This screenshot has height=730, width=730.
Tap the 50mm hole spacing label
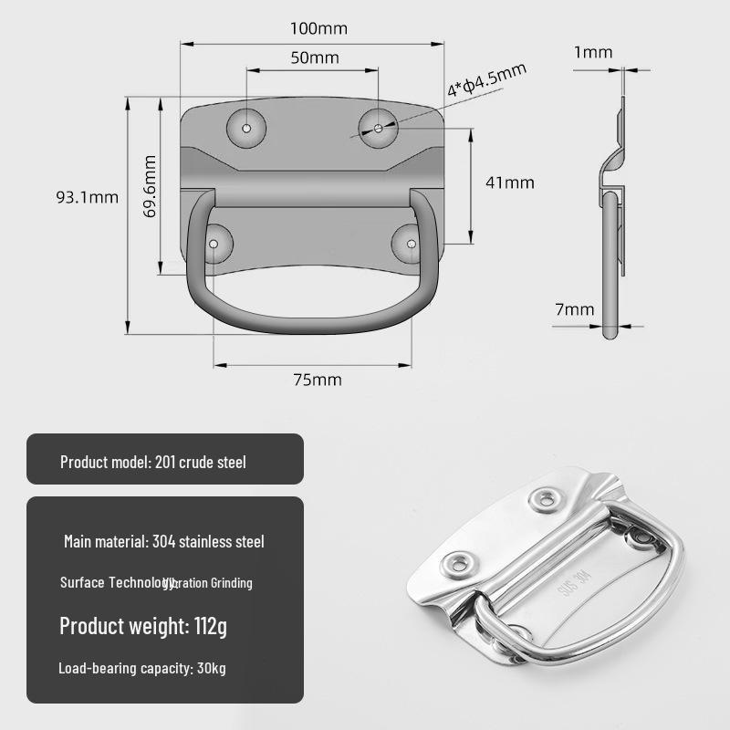pos(314,57)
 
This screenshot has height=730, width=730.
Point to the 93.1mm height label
pos(88,196)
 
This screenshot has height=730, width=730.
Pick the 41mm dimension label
pos(510,182)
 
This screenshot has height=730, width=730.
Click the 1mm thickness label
pos(593,52)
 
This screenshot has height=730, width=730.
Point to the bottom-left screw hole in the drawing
pos(215,245)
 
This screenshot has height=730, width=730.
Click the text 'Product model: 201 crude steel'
pos(153,462)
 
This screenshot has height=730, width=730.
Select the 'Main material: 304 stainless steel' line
pos(164,541)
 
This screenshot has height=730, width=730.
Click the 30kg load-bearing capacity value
pos(211,668)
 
